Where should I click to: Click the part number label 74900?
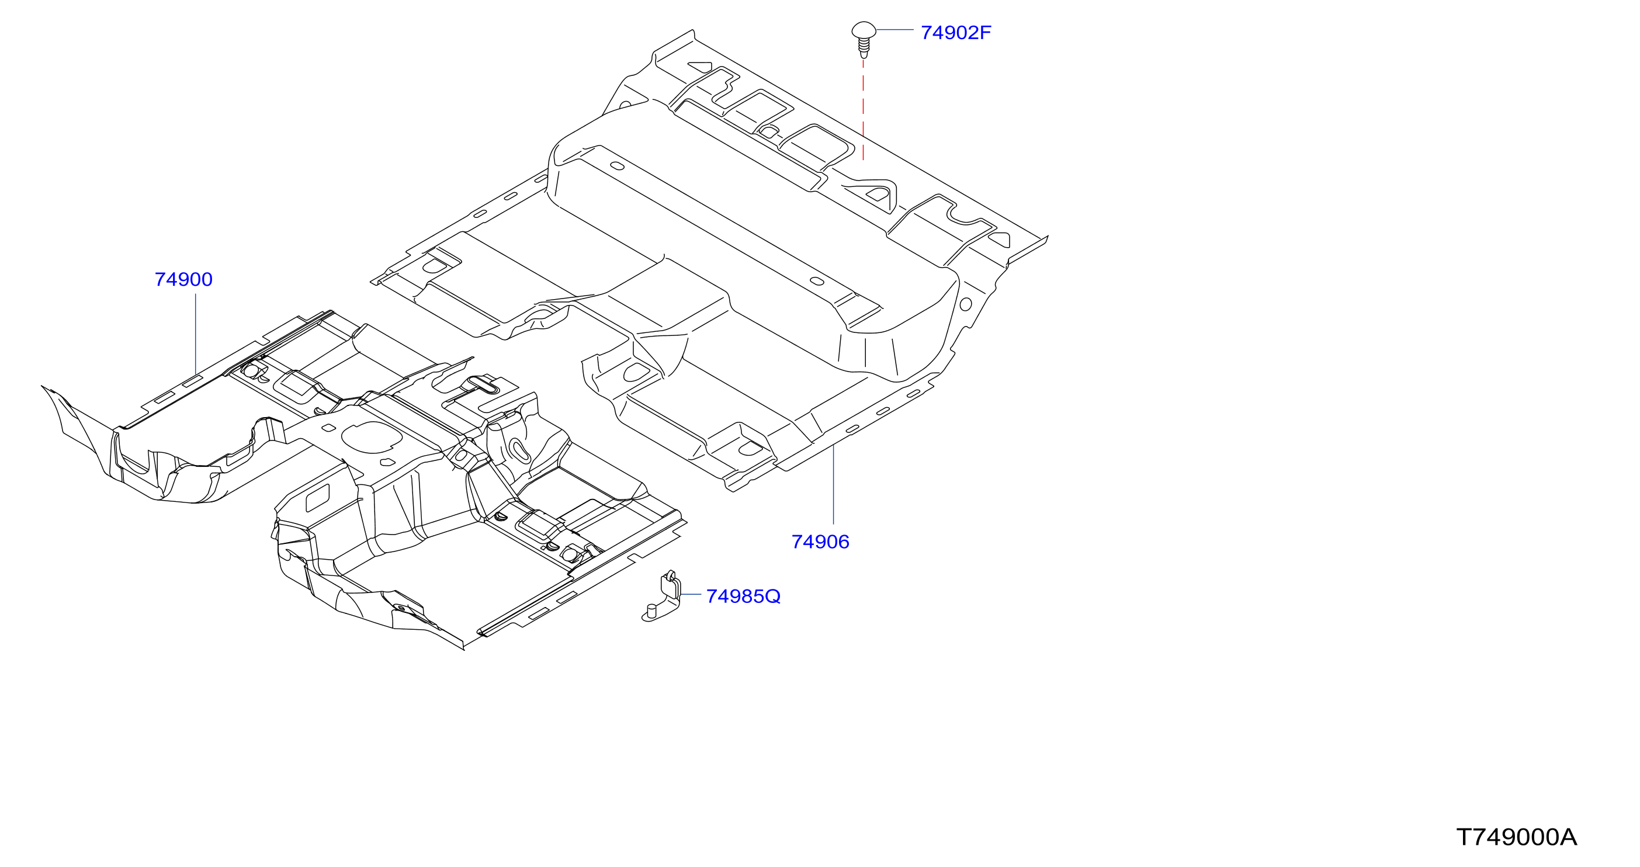click(x=183, y=279)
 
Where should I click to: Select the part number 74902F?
click(x=956, y=33)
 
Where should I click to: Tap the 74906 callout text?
click(x=820, y=542)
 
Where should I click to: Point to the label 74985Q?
click(x=743, y=597)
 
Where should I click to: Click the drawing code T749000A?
click(x=1517, y=837)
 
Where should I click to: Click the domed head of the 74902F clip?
click(x=864, y=30)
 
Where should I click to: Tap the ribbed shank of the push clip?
click(x=864, y=47)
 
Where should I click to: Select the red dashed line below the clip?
click(x=864, y=109)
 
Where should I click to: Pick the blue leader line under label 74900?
click(x=196, y=334)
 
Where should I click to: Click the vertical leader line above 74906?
click(x=833, y=485)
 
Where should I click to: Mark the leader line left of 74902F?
click(x=895, y=30)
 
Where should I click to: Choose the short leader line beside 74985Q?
click(x=691, y=595)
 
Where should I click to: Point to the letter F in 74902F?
click(x=985, y=33)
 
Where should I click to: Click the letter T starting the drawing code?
click(x=1464, y=837)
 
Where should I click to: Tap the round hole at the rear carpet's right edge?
click(x=965, y=304)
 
